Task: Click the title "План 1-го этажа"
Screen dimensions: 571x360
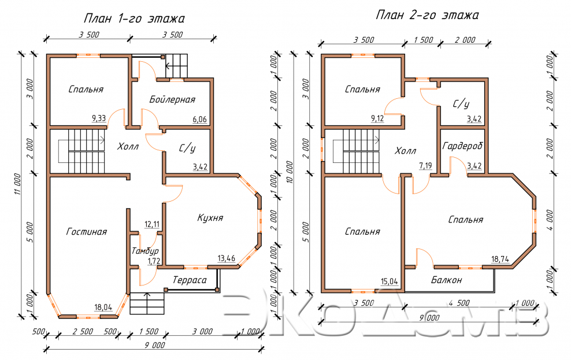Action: pyautogui.click(x=134, y=18)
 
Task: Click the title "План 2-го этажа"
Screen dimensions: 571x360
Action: pyautogui.click(x=427, y=15)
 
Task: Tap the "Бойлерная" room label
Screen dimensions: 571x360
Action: pyautogui.click(x=172, y=99)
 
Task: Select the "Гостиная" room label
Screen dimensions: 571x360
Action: pyautogui.click(x=87, y=232)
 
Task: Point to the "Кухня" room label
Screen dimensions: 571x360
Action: pyautogui.click(x=210, y=218)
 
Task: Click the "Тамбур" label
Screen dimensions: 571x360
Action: pyautogui.click(x=145, y=251)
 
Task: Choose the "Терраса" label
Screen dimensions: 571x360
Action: pyautogui.click(x=190, y=280)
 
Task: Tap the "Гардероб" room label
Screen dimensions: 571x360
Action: pyautogui.click(x=462, y=146)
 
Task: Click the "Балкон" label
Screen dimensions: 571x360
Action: pyautogui.click(x=447, y=280)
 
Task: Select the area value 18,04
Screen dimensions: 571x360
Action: pyautogui.click(x=103, y=307)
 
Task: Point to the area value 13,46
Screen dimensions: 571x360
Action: pyautogui.click(x=226, y=258)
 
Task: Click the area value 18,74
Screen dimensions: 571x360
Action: pyautogui.click(x=500, y=259)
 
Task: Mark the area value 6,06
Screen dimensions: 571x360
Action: pyautogui.click(x=200, y=119)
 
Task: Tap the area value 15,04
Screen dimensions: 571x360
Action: pyautogui.click(x=390, y=281)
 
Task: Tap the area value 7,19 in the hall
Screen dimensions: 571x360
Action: pyautogui.click(x=425, y=166)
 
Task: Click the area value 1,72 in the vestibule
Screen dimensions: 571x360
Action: pyautogui.click(x=153, y=261)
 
